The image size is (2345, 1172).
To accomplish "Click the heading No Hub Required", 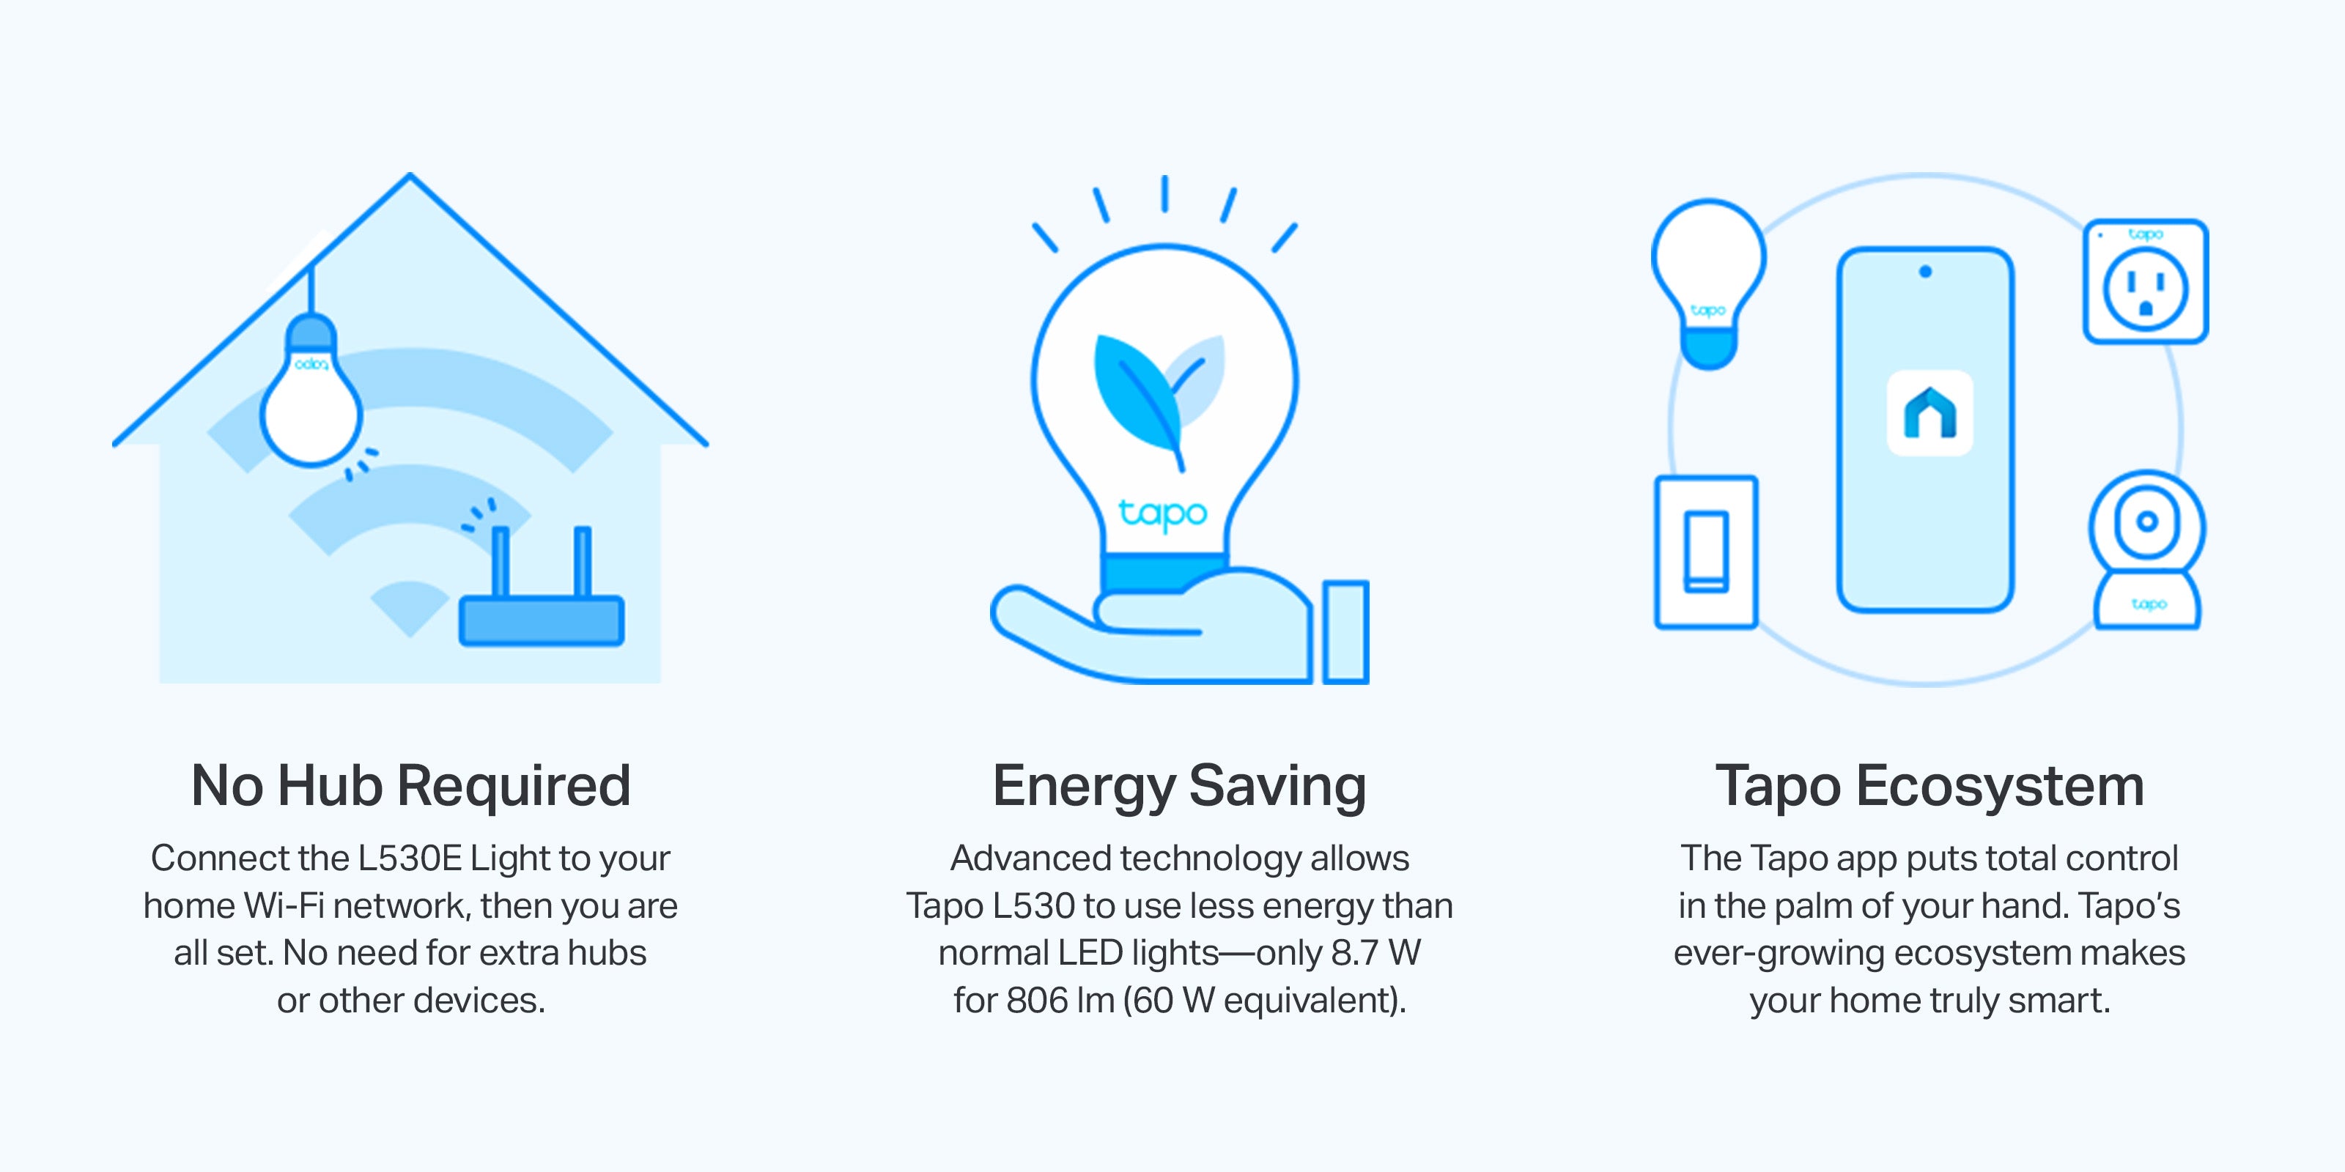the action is point(410,785).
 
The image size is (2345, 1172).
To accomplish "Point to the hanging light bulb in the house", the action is point(311,391).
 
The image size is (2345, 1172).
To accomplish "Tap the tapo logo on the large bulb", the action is point(1162,513).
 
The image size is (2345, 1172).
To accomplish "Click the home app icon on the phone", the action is point(1929,412).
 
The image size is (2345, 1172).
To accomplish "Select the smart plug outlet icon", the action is point(2146,281).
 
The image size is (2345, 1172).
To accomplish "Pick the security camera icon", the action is point(2146,549).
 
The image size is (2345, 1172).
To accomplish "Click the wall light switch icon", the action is point(1706,552).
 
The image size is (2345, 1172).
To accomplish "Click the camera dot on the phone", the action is point(1924,271).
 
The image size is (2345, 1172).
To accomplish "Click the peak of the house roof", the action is point(410,174).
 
